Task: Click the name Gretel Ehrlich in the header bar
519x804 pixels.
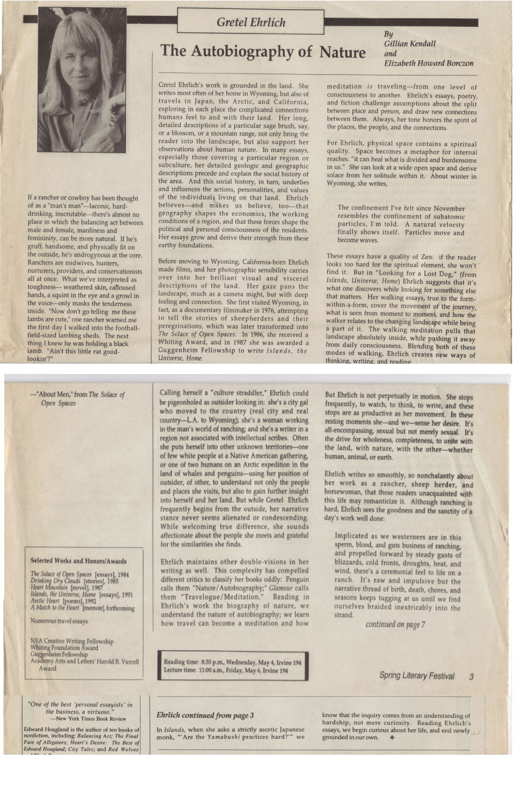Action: point(250,23)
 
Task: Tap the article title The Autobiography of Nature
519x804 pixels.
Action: point(263,51)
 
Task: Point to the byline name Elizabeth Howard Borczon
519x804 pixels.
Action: point(428,63)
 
